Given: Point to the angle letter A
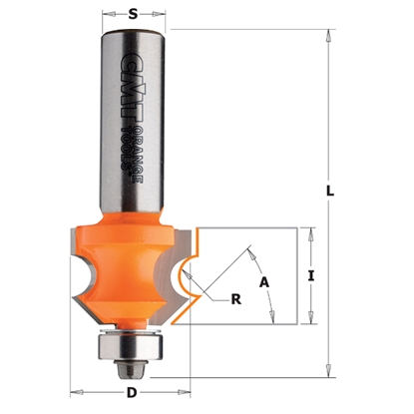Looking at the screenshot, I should (265, 281).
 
